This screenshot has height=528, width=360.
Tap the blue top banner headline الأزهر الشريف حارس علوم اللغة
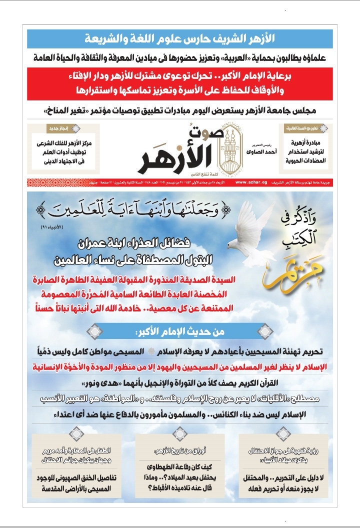pyautogui.click(x=180, y=38)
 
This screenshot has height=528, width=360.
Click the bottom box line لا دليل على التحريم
pyautogui.click(x=282, y=477)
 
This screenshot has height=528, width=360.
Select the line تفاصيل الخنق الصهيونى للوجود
pyautogui.click(x=77, y=477)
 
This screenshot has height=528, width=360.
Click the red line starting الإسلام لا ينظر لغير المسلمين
pyautogui.click(x=180, y=367)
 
